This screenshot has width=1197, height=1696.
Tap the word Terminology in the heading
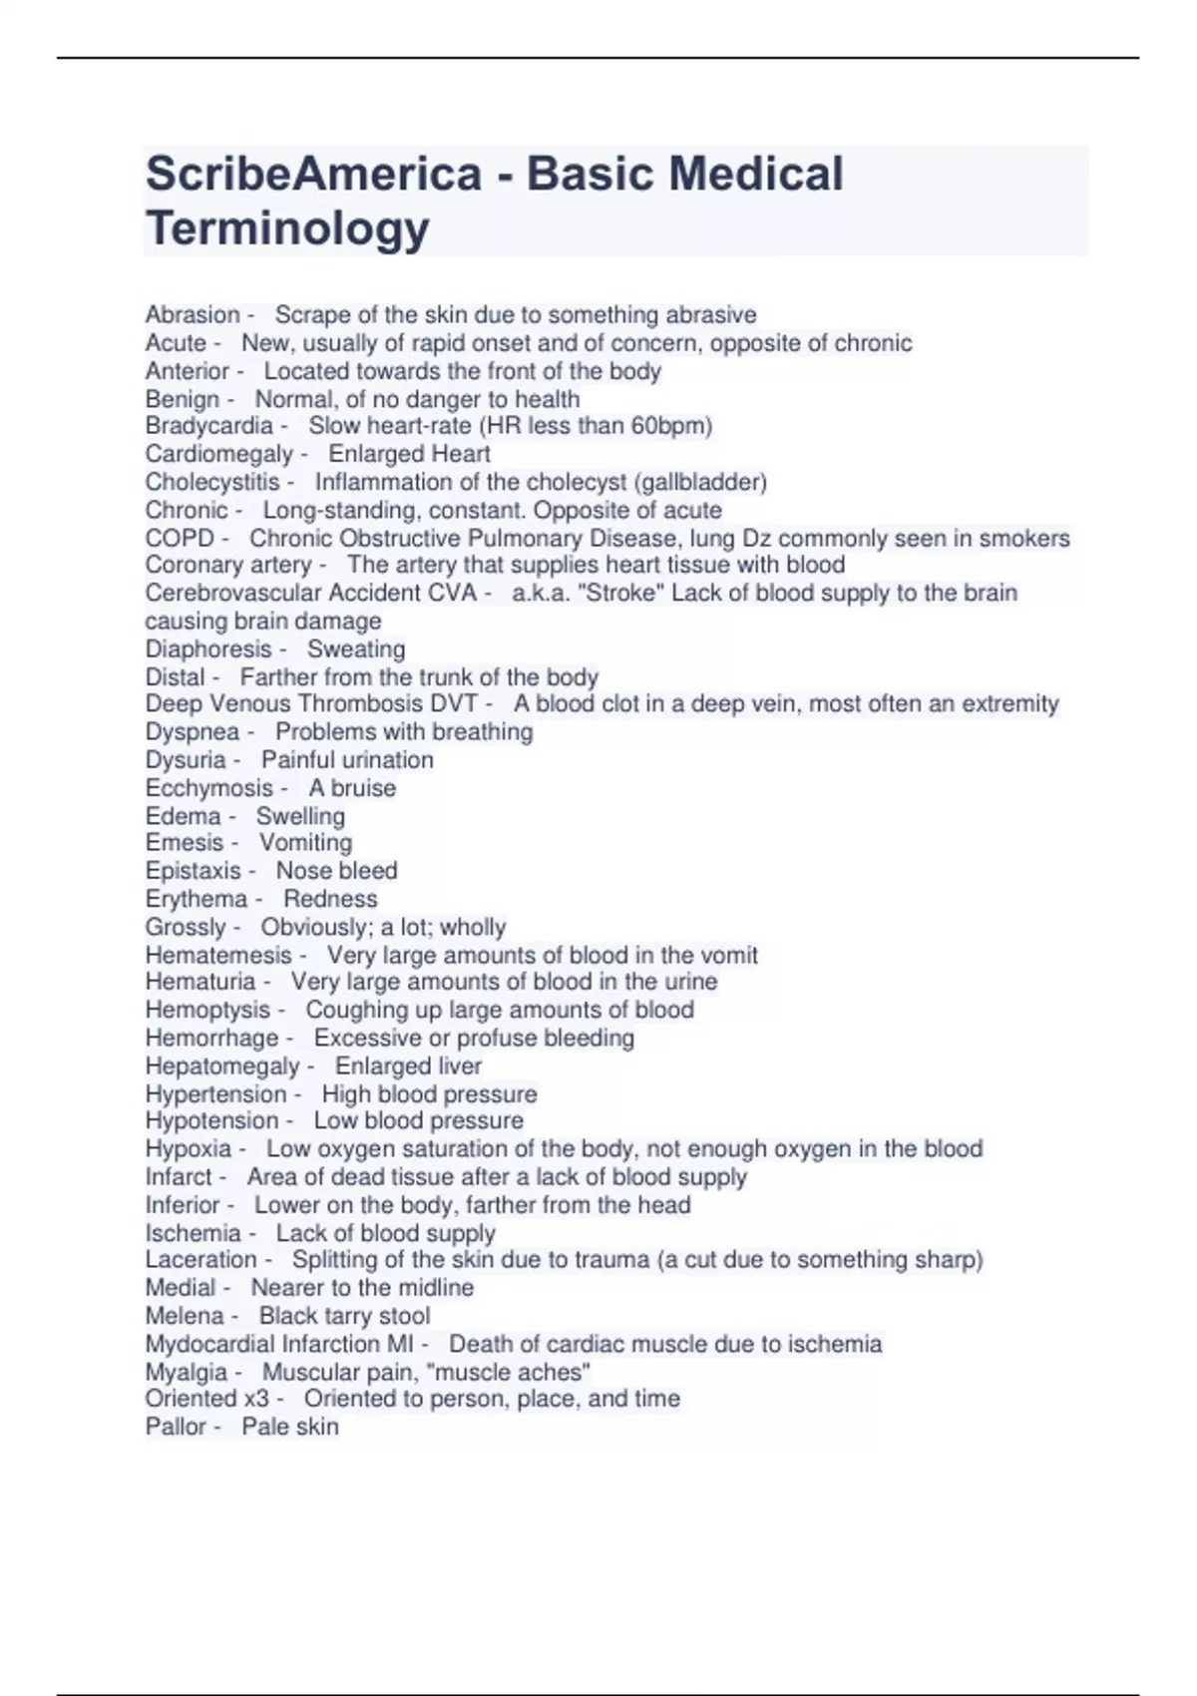287,228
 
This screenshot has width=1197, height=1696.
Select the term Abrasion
193,315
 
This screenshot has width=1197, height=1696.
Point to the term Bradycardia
208,426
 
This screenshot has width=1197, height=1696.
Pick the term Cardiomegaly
218,454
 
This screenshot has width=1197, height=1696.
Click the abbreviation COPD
180,539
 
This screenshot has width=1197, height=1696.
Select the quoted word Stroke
620,593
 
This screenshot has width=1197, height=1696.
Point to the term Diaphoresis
207,649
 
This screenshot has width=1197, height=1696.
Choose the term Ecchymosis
208,788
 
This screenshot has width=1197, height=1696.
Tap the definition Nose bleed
336,871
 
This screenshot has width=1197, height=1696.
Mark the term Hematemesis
218,955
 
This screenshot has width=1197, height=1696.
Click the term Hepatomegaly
221,1066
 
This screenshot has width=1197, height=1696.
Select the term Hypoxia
188,1149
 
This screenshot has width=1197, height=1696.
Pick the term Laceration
200,1260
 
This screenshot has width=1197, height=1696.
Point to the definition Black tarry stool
344,1316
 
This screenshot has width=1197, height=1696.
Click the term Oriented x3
206,1399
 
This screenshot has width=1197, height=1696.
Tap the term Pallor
175,1427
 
